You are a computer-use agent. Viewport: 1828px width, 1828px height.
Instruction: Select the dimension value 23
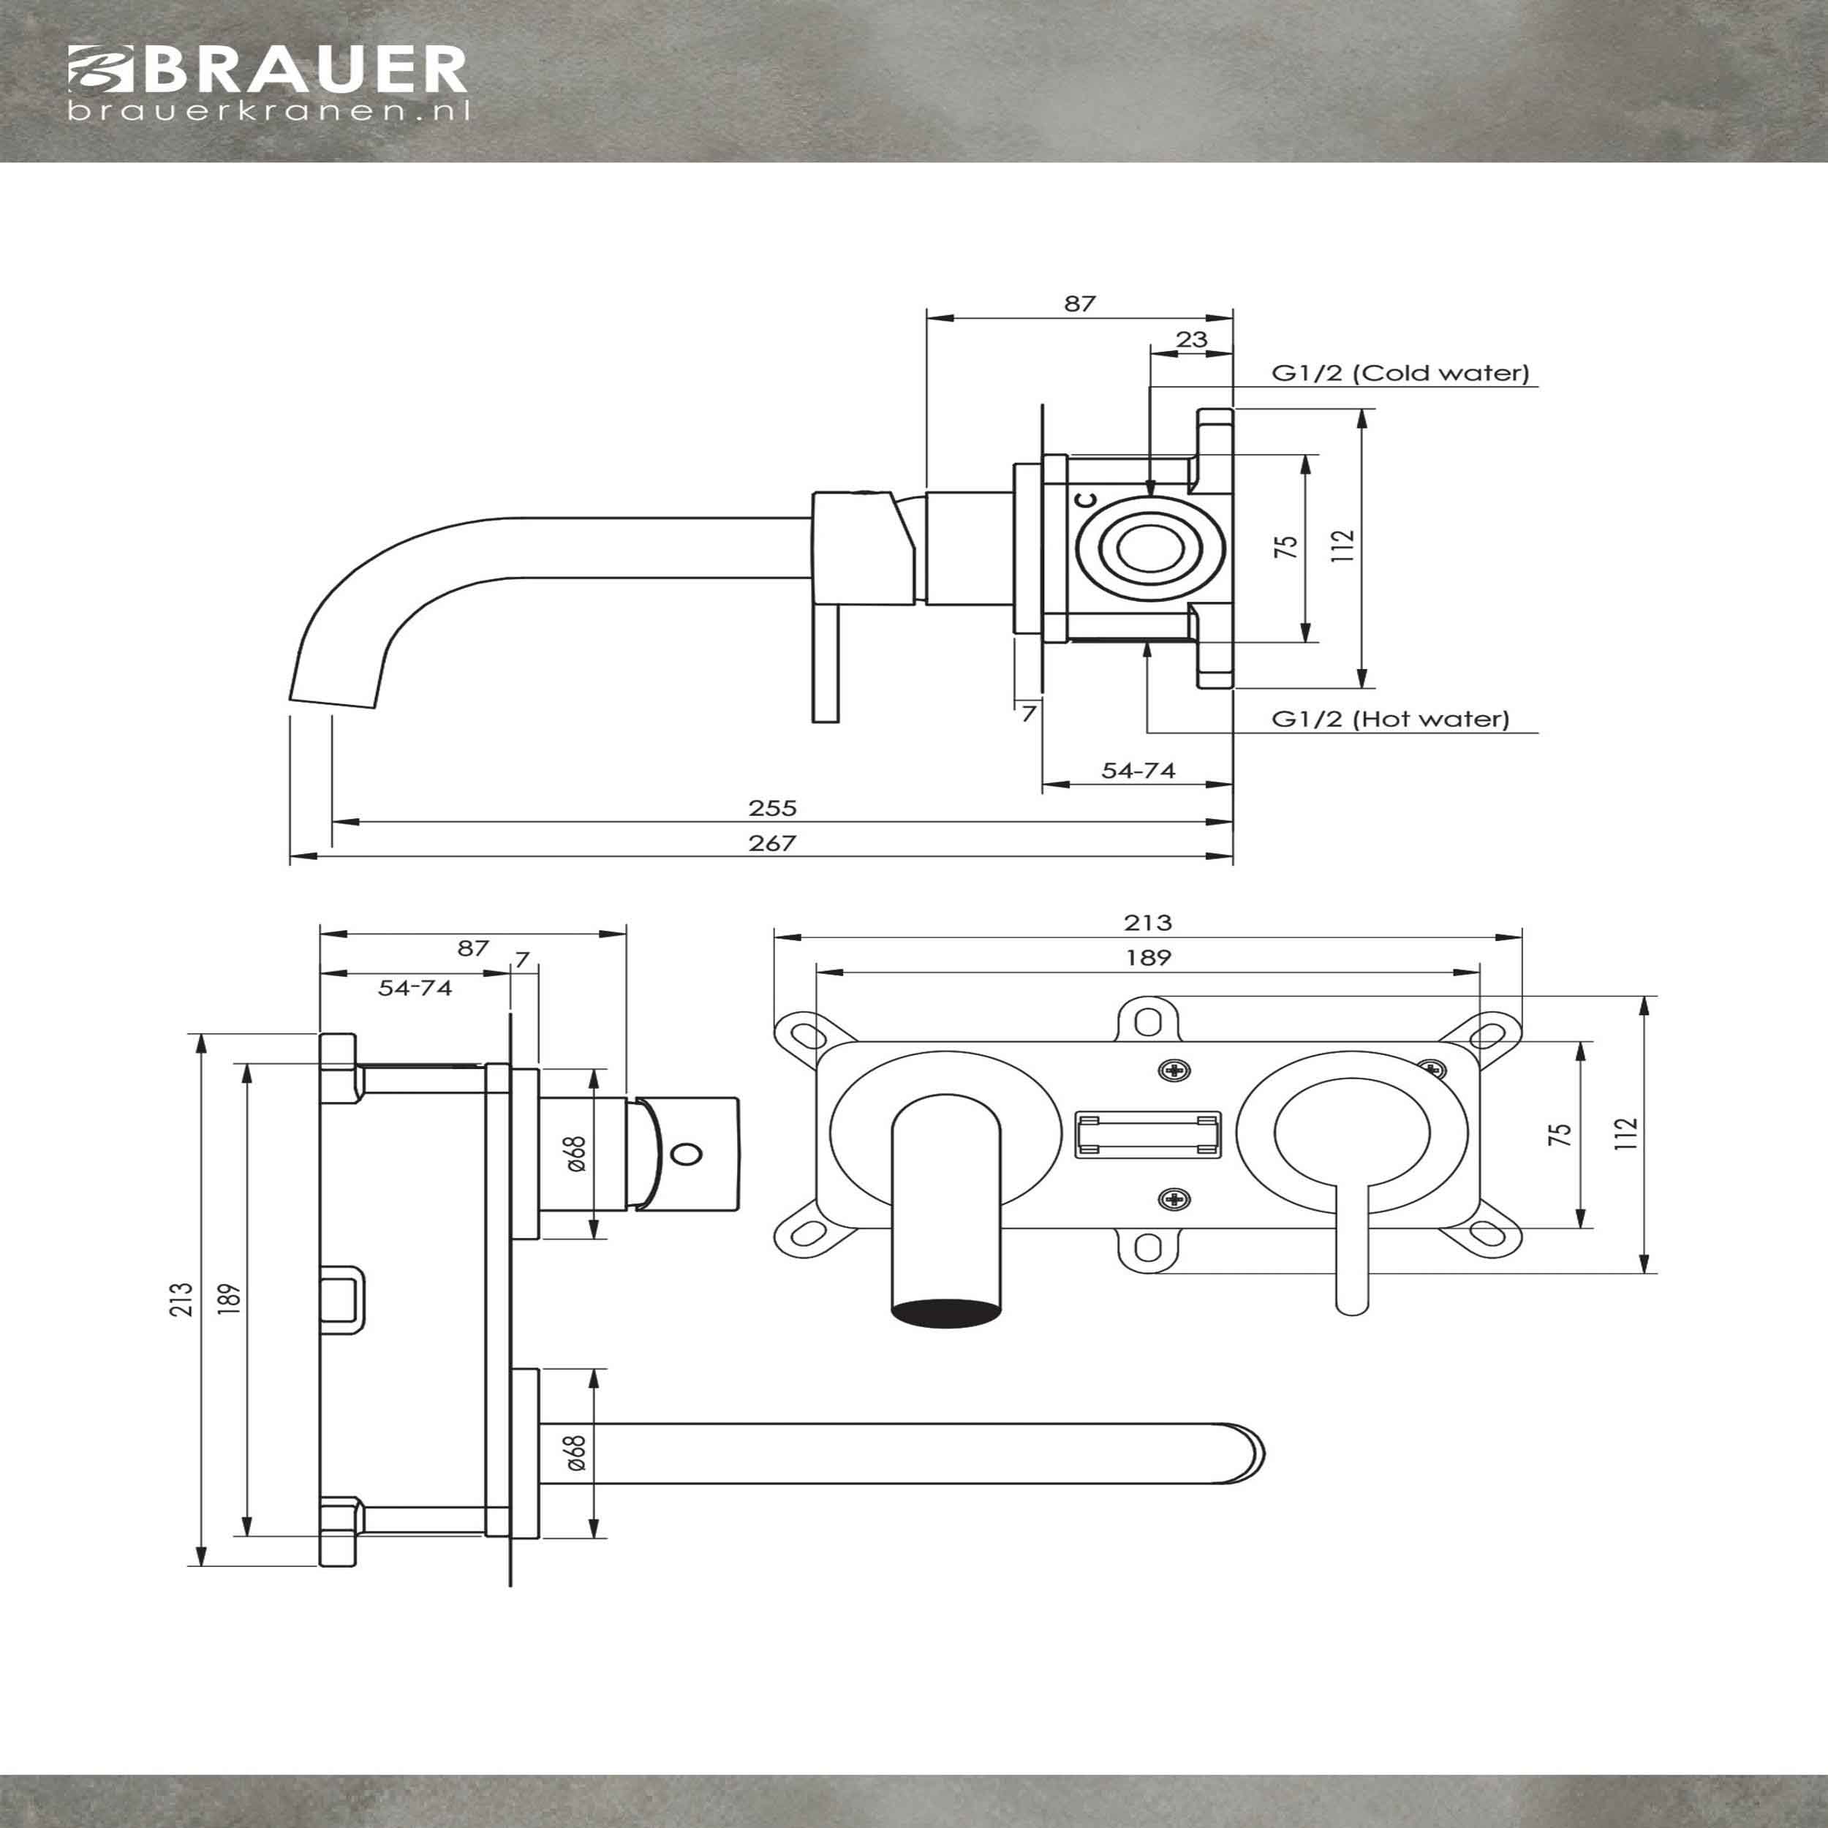(x=1191, y=339)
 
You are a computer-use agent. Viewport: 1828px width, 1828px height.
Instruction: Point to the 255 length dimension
(x=773, y=807)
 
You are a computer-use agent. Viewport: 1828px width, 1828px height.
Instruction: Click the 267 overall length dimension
(x=772, y=842)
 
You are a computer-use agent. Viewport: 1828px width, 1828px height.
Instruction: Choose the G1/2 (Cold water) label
(x=1400, y=373)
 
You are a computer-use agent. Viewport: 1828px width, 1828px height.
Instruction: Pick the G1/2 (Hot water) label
(x=1390, y=718)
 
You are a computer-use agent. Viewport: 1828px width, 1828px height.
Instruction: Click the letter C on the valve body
(x=1088, y=499)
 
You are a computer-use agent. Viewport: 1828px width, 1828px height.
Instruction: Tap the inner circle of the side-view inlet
(x=1149, y=549)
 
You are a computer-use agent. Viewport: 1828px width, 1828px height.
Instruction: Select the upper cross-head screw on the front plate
(x=1174, y=1071)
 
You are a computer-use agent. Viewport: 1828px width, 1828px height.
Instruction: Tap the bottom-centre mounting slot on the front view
(x=1148, y=1249)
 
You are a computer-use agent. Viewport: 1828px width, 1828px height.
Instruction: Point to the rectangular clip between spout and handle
(x=1148, y=1136)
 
